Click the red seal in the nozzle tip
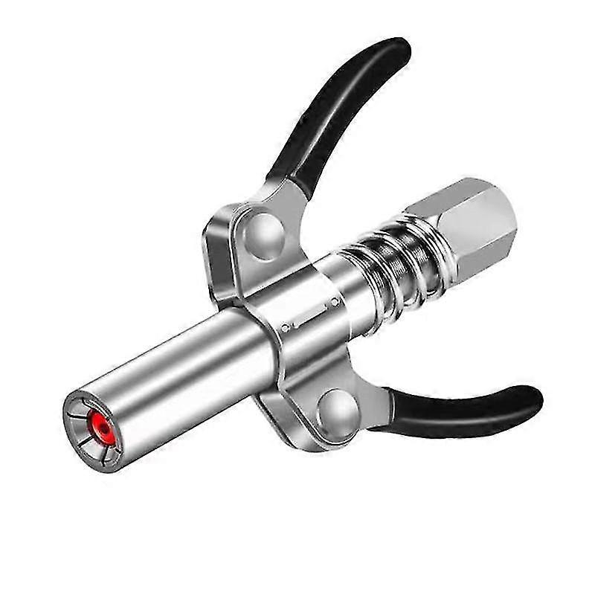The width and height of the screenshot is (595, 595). pos(97,426)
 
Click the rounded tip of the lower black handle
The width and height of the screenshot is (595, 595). pos(530,399)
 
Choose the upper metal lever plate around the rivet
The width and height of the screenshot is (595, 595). pos(238,238)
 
